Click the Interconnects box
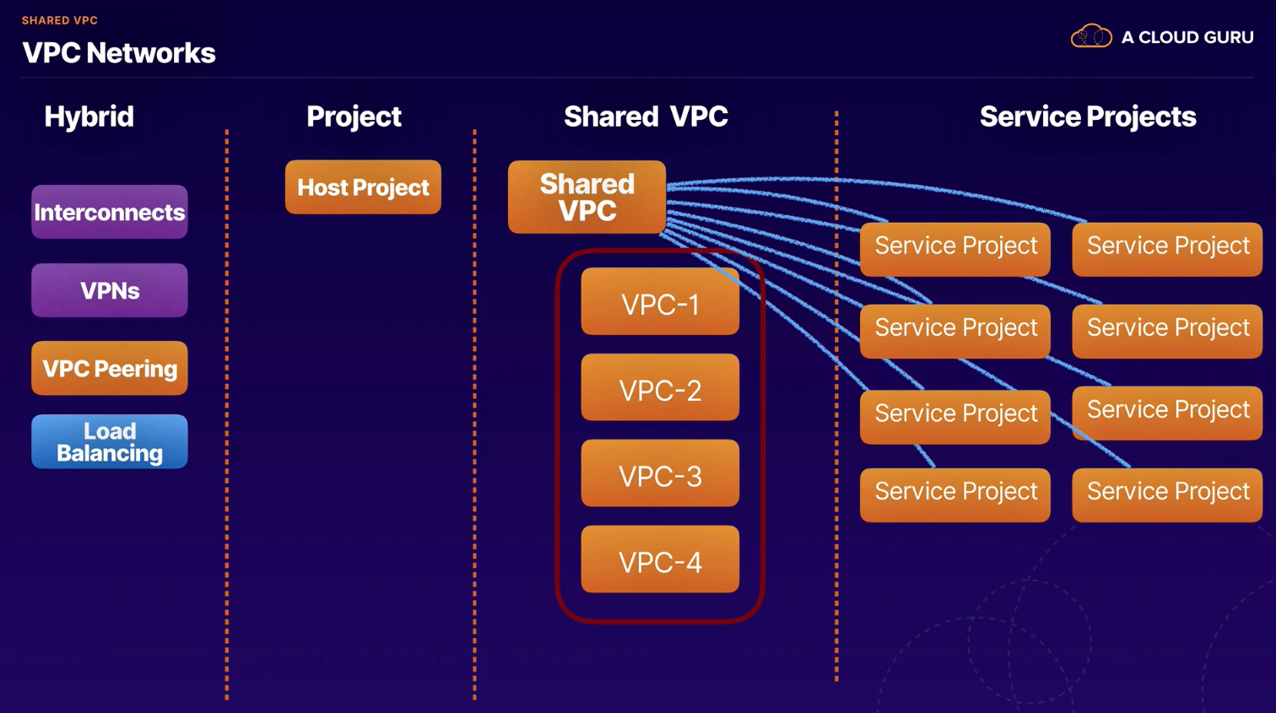110,212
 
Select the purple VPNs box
110,290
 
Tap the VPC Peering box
110,369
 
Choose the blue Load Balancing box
110,442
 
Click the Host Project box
363,187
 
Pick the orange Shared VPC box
587,197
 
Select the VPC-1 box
660,301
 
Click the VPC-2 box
660,387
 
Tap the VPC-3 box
660,473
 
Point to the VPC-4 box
660,559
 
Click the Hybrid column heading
89,117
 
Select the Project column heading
354,117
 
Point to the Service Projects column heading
1088,117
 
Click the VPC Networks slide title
118,53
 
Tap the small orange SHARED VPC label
60,20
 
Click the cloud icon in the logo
1091,36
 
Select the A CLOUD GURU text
1187,38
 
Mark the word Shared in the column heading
611,116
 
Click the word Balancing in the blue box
110,454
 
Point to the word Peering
136,370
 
